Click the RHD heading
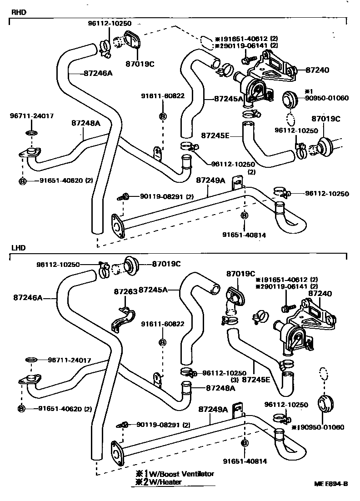19,12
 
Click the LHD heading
18,248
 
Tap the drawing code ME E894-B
331,484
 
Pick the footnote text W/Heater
165,482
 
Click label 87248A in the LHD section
220,388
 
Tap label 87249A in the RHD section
210,180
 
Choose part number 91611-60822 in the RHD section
163,96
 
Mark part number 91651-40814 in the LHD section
245,461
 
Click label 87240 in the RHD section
317,70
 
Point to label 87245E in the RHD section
215,135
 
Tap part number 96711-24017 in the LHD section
70,360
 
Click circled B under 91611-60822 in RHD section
163,116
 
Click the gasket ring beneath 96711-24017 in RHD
31,133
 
